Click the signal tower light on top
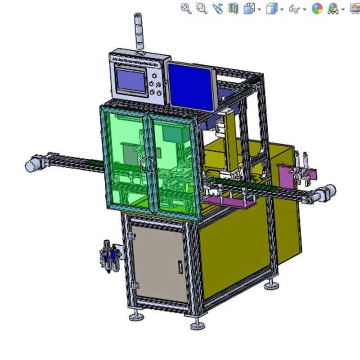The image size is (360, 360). click(139, 34)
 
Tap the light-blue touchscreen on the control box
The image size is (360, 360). click(132, 81)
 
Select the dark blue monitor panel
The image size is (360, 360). click(191, 85)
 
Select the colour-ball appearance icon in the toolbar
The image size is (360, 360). click(317, 8)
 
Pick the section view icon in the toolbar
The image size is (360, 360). click(233, 8)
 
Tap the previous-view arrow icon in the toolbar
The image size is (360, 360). click(218, 8)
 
